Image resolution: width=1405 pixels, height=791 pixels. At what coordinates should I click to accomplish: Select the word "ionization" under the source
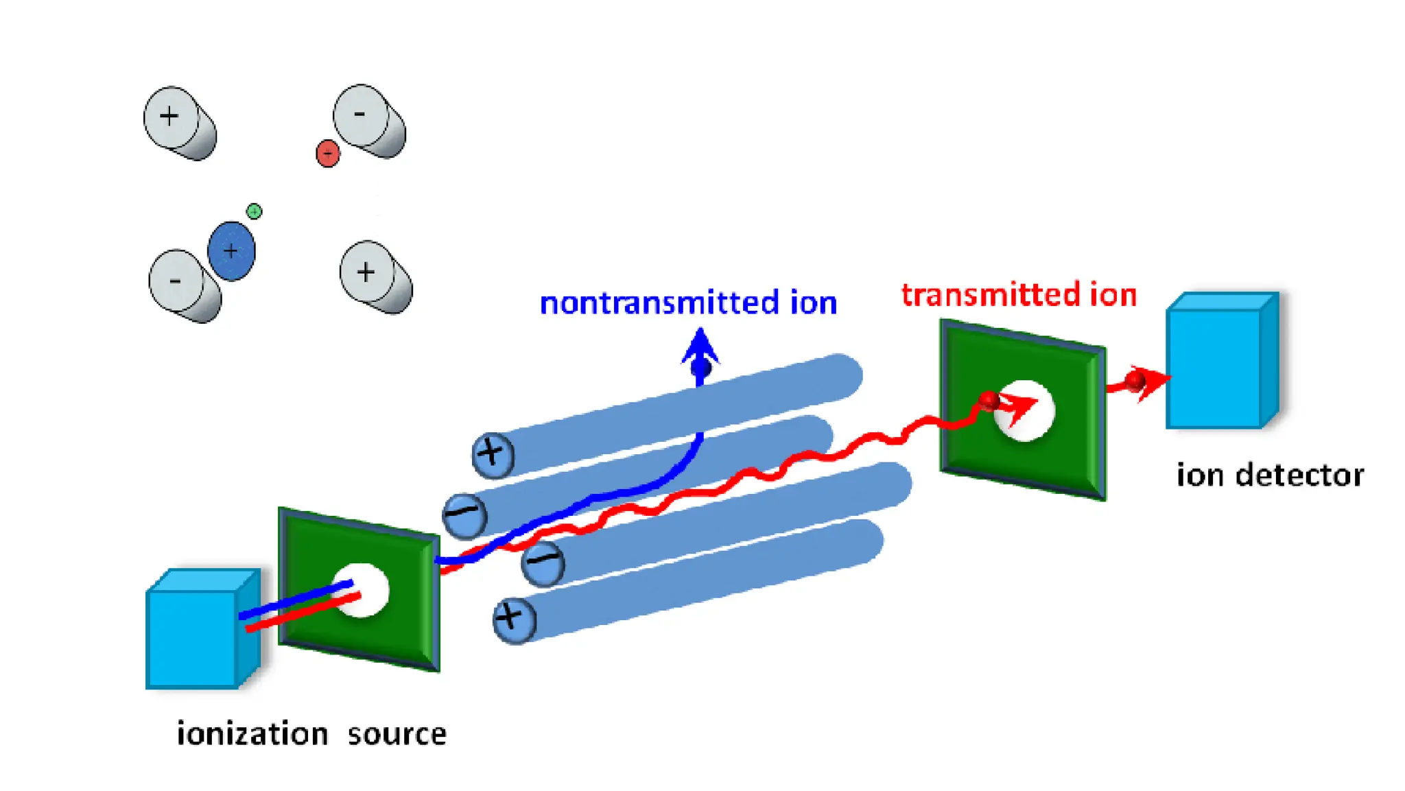[x=252, y=734]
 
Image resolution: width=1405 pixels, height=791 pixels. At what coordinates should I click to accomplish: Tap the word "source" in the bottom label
[x=397, y=734]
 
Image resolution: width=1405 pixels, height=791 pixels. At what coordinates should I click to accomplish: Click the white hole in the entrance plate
[x=362, y=590]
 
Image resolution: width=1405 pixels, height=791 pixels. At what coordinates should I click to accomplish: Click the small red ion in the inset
[x=328, y=153]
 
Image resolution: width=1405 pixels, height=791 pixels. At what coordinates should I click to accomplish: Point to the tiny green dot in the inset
[x=254, y=211]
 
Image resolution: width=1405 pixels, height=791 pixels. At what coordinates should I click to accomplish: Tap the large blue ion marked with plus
[x=231, y=251]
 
